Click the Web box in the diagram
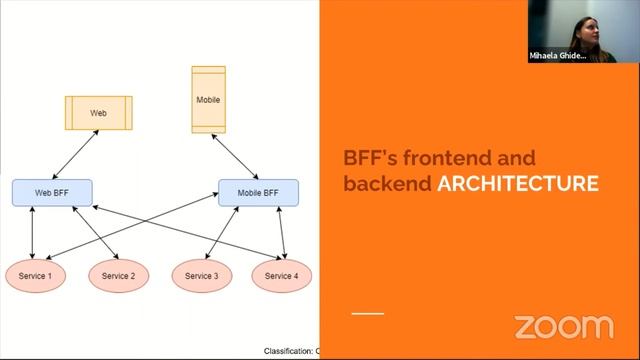[98, 113]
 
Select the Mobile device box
[208, 100]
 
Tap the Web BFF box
[52, 192]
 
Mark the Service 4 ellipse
[281, 275]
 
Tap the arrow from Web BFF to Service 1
[33, 232]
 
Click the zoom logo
[563, 326]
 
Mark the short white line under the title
[367, 314]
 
